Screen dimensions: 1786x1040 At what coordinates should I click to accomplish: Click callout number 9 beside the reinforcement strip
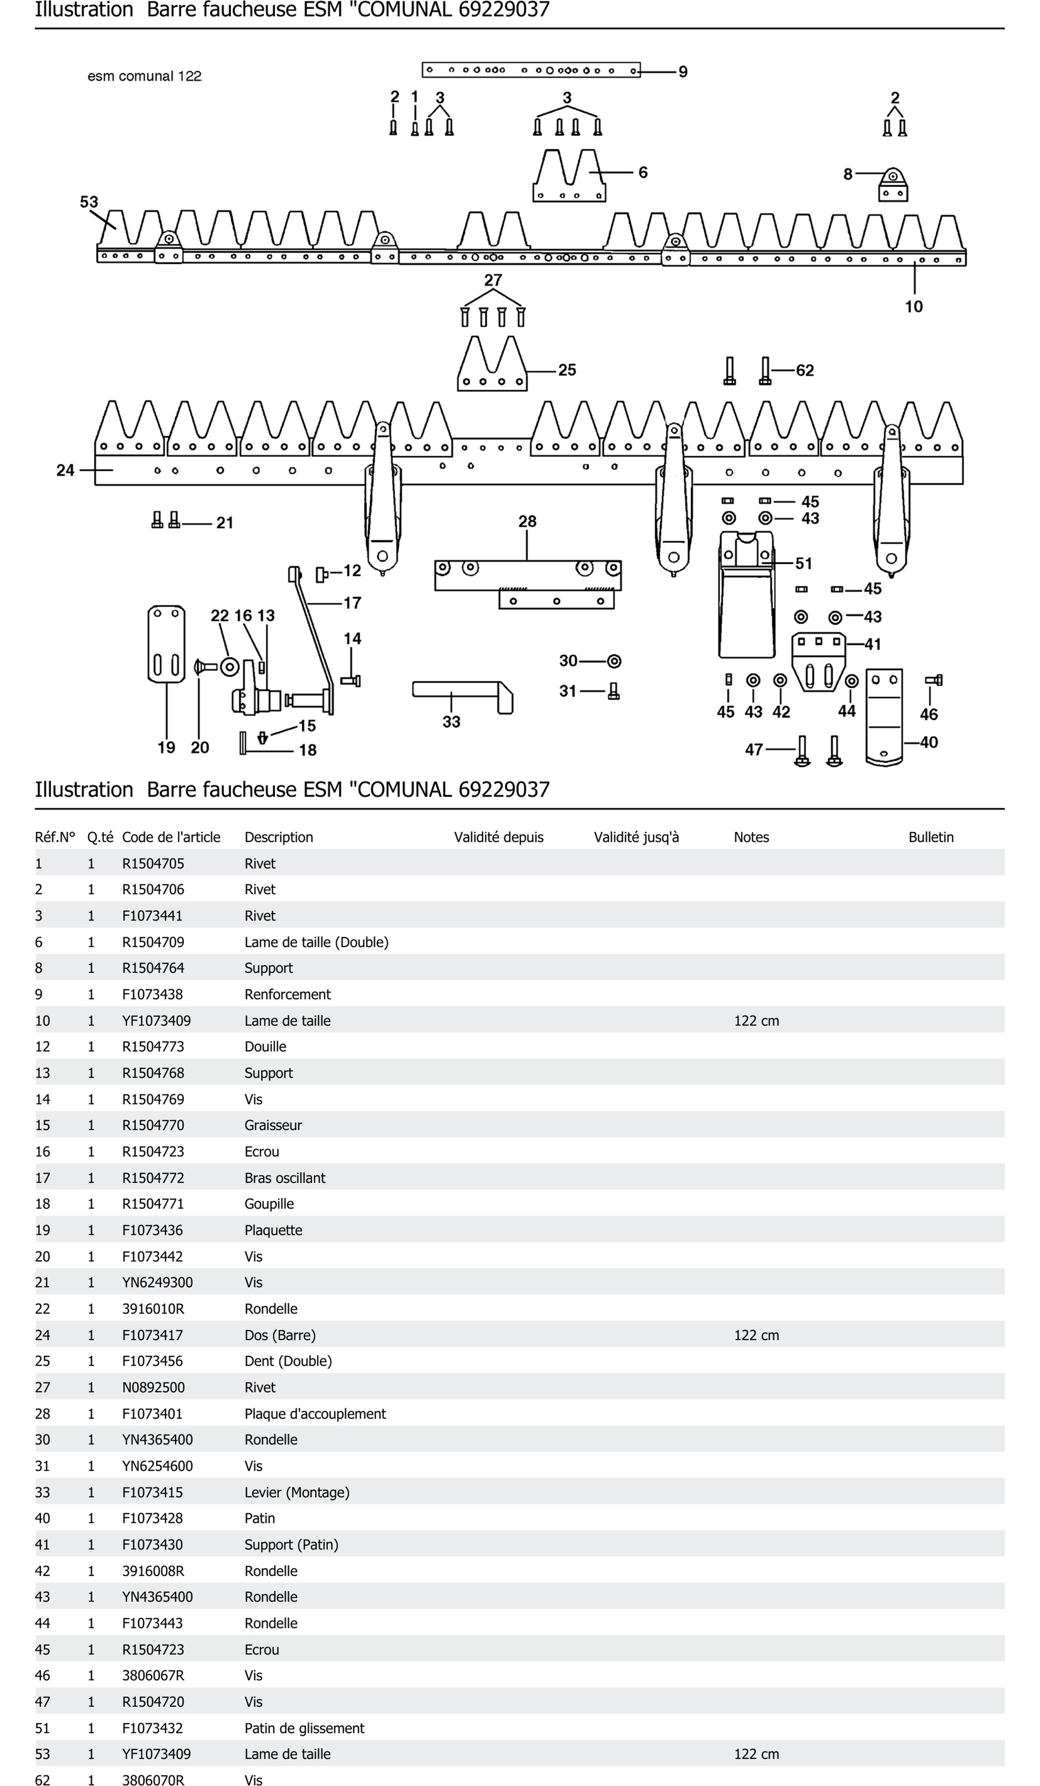(683, 72)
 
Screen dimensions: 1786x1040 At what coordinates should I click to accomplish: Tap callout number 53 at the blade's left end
(89, 202)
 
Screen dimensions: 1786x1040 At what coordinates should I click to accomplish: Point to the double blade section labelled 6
(568, 177)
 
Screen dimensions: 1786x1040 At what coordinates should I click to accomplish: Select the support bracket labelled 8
(892, 186)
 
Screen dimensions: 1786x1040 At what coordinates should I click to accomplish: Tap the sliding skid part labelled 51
(746, 595)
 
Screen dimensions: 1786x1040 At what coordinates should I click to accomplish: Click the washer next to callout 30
(614, 661)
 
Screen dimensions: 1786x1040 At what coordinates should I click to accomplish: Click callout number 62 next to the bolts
(805, 371)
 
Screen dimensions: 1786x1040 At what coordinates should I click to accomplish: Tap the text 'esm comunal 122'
(145, 76)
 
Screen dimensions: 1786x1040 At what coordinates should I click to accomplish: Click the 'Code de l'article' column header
(171, 837)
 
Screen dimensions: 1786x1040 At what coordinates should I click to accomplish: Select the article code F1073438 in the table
(153, 994)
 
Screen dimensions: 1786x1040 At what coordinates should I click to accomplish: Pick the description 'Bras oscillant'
(285, 1178)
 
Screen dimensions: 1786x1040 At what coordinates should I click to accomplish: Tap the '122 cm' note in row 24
(757, 1335)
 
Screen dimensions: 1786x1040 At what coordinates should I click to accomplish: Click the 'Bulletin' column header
(931, 837)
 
